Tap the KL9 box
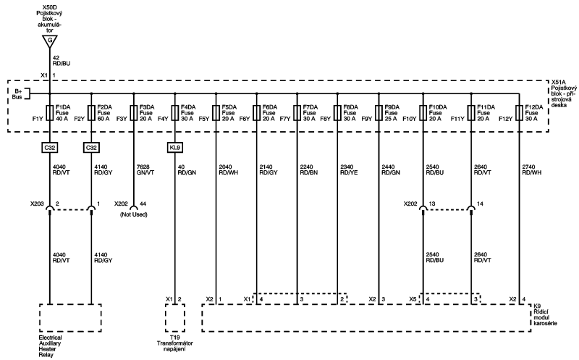[x=174, y=147]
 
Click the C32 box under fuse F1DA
[x=50, y=147]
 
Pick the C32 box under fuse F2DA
[x=91, y=147]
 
